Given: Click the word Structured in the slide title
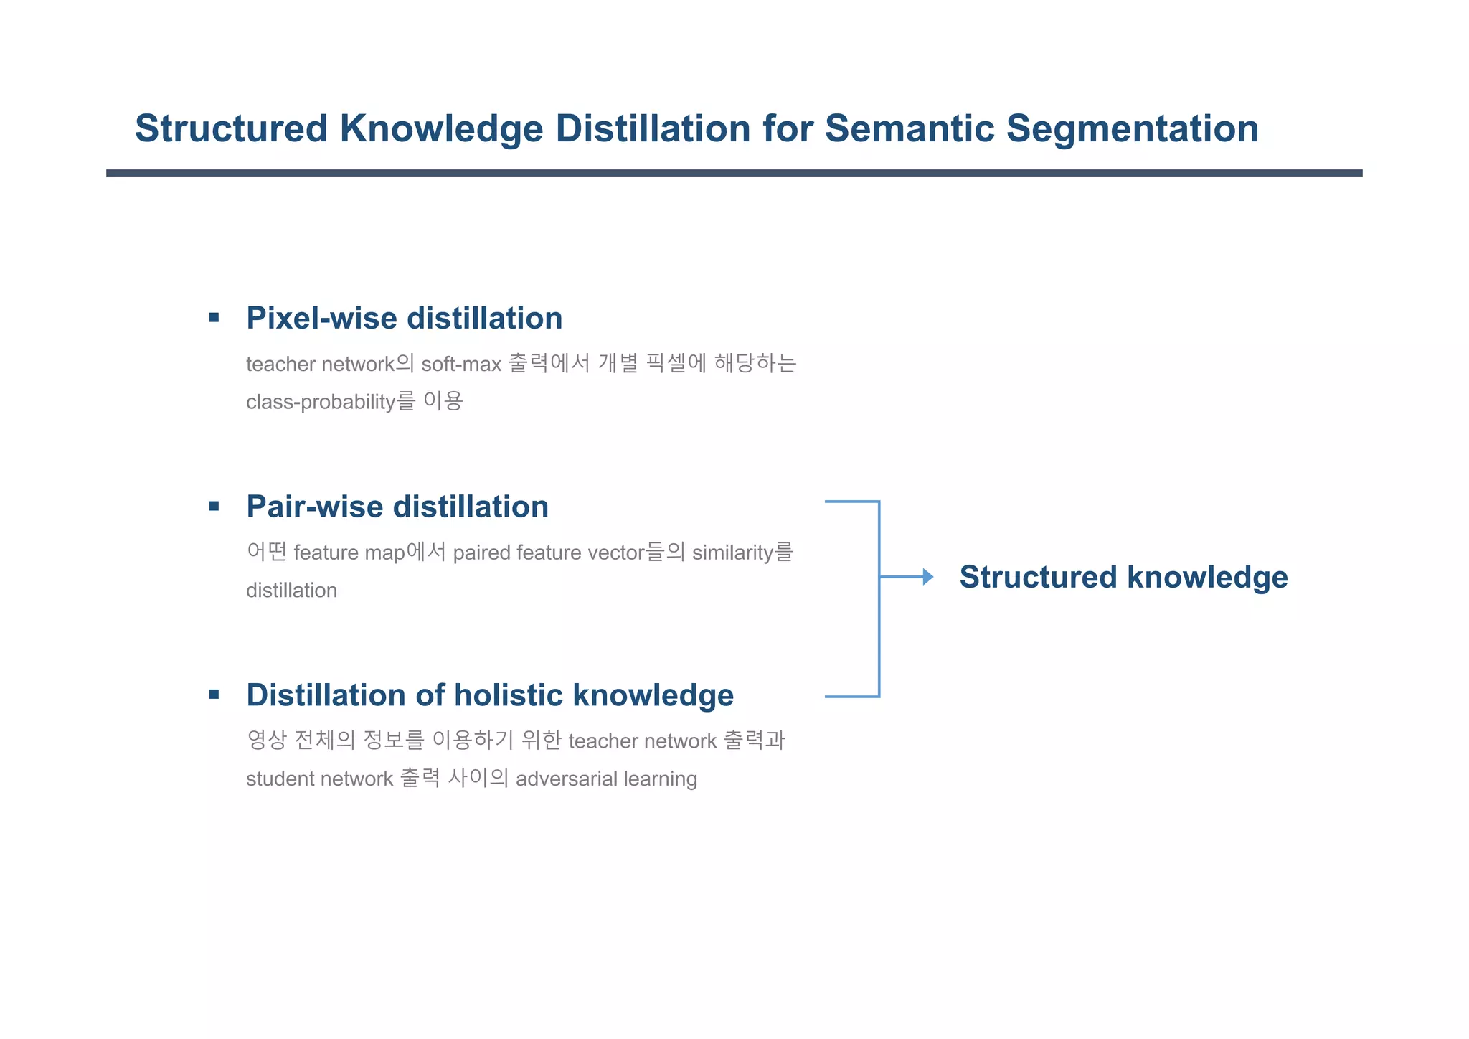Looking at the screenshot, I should [231, 129].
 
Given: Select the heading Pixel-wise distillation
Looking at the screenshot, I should [404, 319].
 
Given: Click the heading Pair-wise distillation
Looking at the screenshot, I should [397, 507].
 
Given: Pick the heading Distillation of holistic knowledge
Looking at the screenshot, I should [490, 695].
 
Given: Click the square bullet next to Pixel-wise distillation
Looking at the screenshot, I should [214, 318].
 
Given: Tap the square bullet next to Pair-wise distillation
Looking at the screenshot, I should [214, 507].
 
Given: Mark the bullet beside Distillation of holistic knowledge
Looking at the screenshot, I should [214, 695].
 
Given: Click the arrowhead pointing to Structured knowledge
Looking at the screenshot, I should [927, 577].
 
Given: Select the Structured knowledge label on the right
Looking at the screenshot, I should [1123, 578].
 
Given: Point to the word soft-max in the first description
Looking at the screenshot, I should [460, 365].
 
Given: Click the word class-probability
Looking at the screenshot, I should [321, 402].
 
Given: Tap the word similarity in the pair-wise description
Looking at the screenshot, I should [732, 553].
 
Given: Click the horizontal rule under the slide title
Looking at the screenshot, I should [734, 173].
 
